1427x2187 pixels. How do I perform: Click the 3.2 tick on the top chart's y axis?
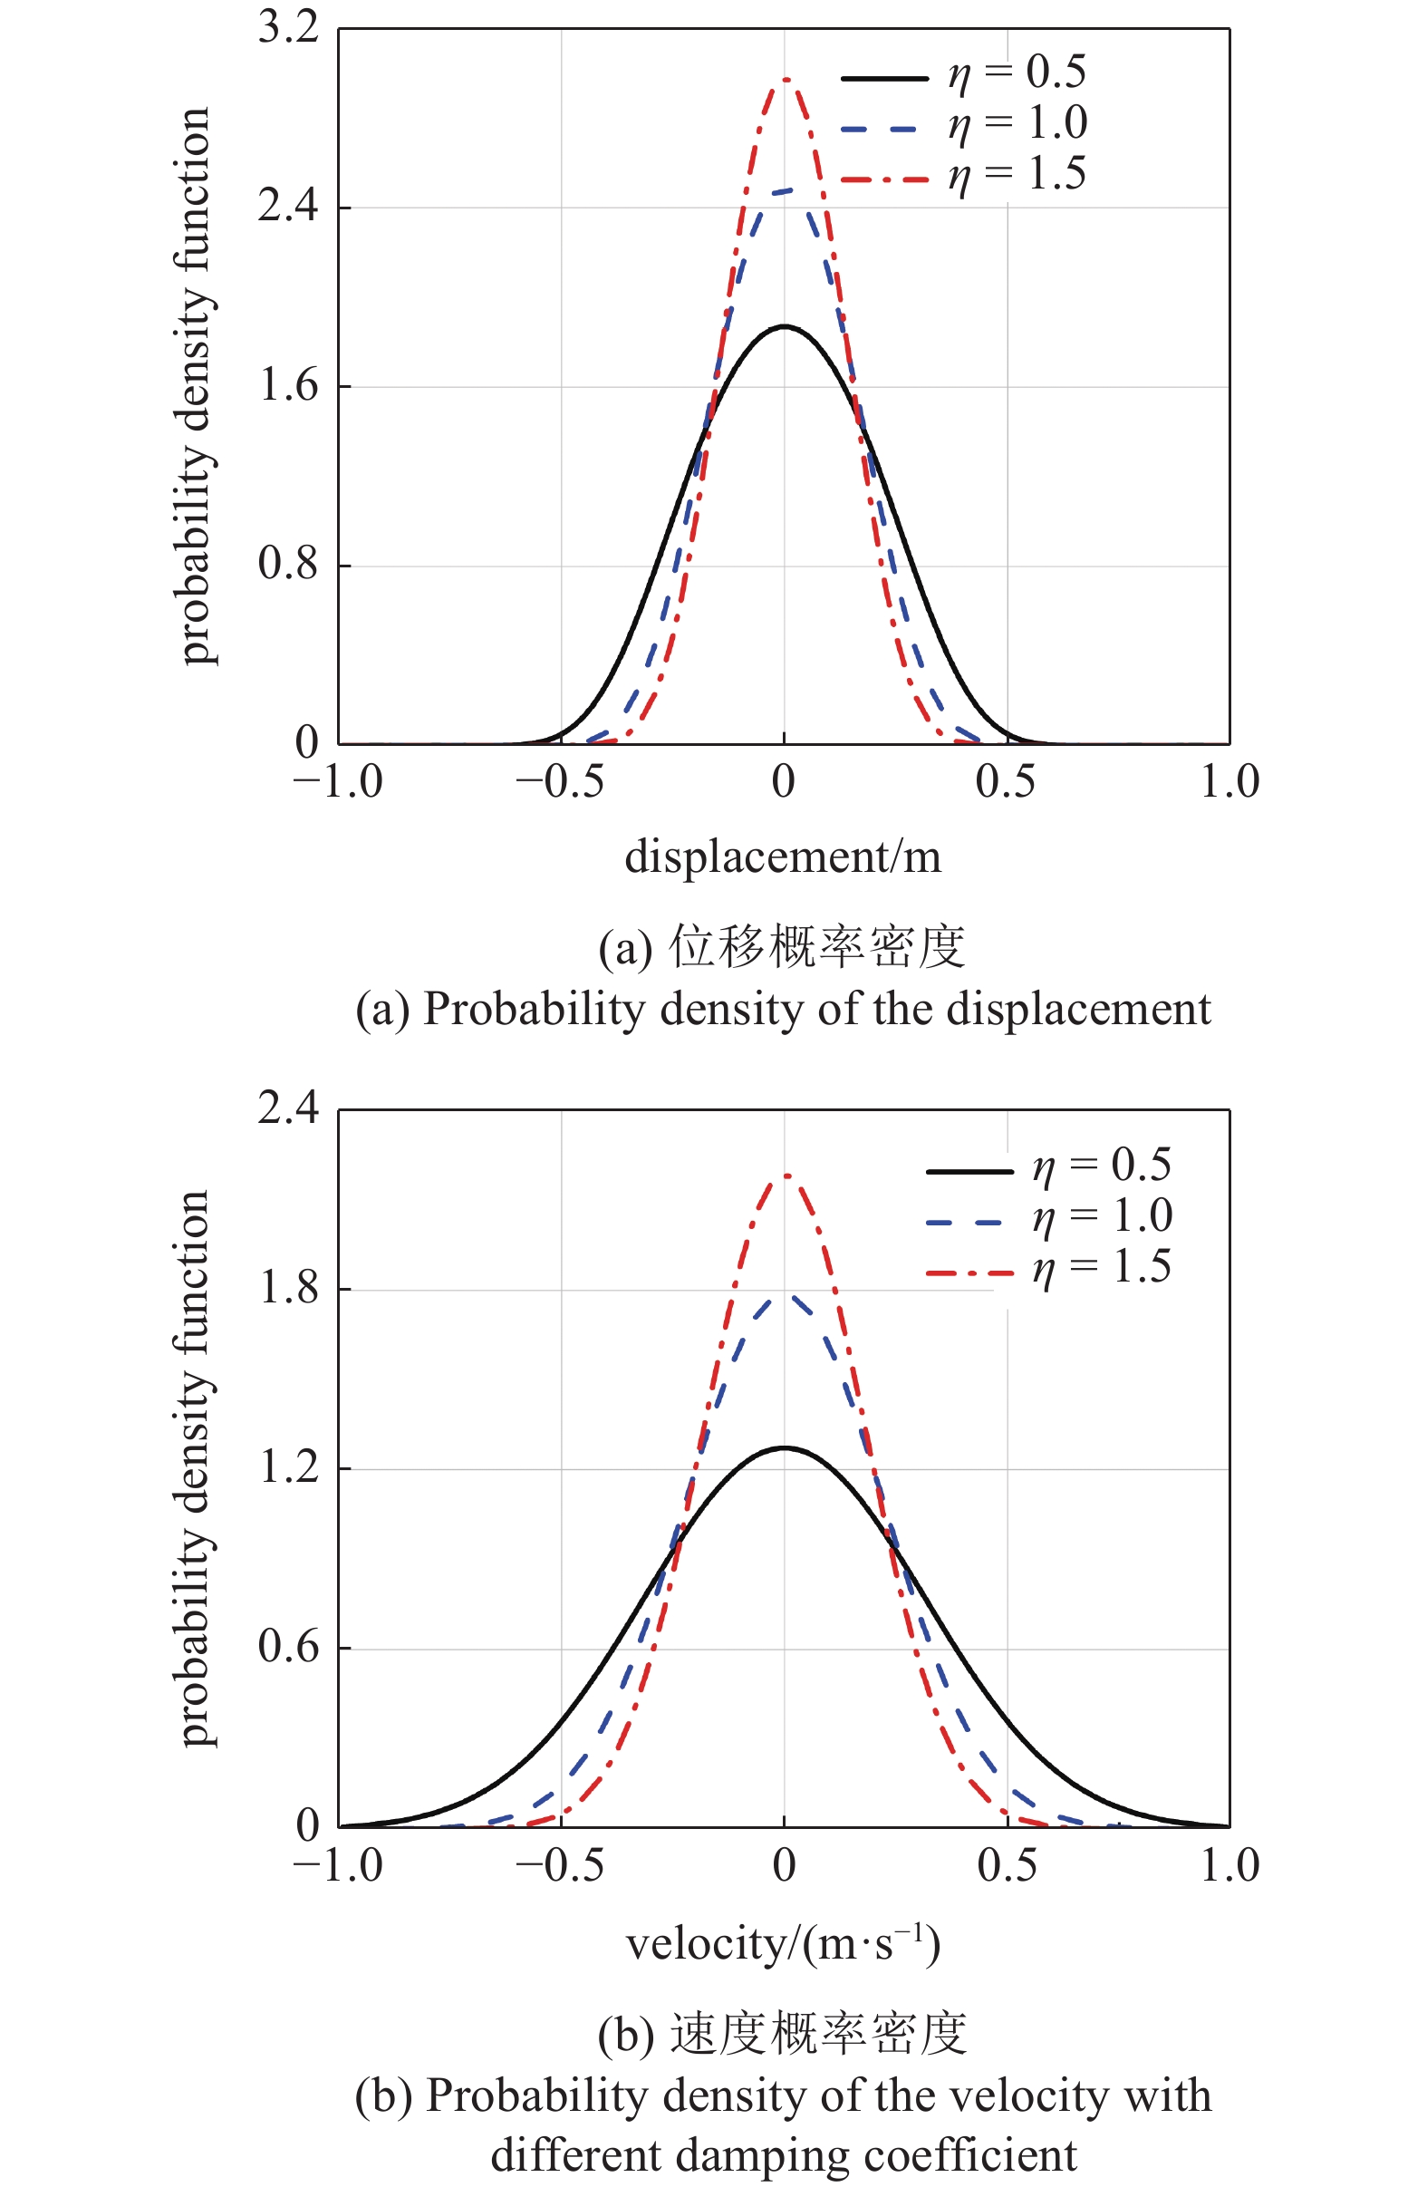[x=287, y=27]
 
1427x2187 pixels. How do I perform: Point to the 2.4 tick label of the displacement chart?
[x=287, y=206]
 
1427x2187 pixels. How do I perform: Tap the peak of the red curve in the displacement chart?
[x=786, y=80]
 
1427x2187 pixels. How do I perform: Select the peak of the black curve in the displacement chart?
[x=784, y=326]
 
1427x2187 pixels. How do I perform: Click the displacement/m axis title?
[x=783, y=857]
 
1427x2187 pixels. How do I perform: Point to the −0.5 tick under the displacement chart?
[x=560, y=783]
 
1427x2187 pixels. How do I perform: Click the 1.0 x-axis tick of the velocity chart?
[x=1229, y=1865]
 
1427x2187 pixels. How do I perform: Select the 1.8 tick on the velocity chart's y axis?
[x=287, y=1288]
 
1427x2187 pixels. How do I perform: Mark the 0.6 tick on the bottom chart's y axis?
[x=287, y=1647]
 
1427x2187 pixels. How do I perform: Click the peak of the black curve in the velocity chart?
[x=784, y=1448]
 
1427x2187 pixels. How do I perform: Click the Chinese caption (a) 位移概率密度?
[x=783, y=947]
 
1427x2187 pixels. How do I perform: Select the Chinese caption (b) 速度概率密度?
[x=783, y=2035]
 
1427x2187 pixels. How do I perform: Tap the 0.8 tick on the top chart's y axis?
[x=287, y=565]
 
